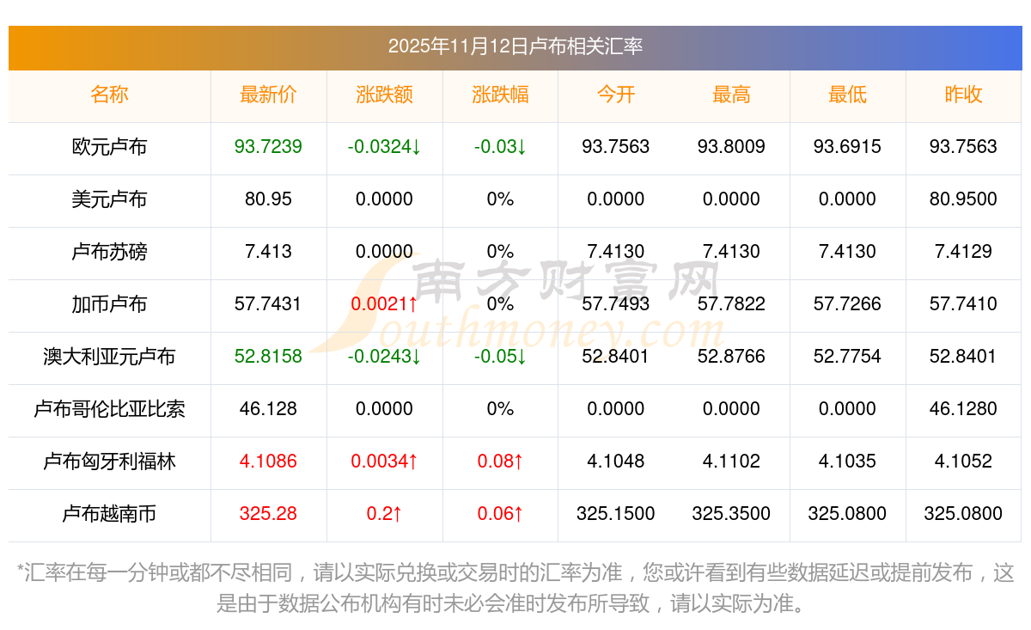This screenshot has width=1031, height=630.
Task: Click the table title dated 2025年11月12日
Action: (515, 46)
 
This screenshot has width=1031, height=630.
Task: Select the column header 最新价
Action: (268, 95)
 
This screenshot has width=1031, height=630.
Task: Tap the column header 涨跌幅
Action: (500, 95)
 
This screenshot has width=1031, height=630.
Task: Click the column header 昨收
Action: (963, 95)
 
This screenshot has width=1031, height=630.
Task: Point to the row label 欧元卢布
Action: (109, 147)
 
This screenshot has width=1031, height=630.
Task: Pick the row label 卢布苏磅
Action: (109, 252)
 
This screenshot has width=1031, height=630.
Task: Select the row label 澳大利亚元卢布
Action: (109, 357)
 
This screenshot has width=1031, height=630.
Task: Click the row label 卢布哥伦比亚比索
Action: (109, 409)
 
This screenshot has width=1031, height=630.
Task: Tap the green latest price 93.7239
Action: (268, 147)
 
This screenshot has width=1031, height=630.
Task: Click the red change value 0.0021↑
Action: (384, 304)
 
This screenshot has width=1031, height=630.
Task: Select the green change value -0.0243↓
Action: (384, 357)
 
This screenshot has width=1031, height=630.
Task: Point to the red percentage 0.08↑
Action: (500, 462)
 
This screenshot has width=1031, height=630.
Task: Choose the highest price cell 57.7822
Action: (731, 304)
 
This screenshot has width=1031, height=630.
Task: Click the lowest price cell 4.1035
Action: (847, 462)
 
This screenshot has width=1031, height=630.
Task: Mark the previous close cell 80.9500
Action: (963, 199)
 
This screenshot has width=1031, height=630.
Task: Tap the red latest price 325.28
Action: (268, 514)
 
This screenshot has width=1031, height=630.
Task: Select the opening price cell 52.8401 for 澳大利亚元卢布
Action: (615, 357)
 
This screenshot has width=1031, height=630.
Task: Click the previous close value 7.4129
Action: (963, 252)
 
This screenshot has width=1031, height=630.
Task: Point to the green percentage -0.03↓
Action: (500, 147)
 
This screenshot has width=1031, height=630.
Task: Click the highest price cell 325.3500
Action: (731, 514)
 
